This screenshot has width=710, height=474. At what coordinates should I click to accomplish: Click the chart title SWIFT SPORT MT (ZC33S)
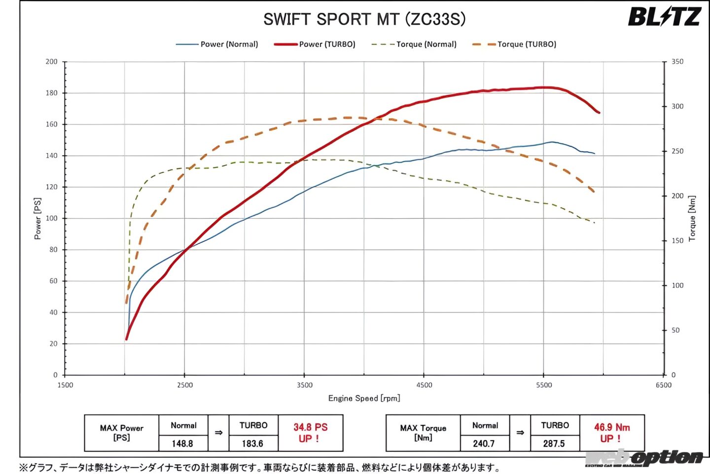364,19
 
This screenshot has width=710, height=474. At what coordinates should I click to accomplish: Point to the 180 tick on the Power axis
52,93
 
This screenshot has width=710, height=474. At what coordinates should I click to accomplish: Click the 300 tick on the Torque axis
677,106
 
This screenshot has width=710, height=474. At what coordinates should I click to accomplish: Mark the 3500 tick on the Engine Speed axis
304,385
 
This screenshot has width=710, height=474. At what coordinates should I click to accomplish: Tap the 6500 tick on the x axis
663,385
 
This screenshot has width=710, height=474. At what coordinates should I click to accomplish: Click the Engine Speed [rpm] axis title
364,398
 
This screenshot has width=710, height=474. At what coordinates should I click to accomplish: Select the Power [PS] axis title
38,218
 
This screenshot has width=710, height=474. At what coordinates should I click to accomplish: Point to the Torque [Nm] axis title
692,218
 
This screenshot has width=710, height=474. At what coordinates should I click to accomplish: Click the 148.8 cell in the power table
182,443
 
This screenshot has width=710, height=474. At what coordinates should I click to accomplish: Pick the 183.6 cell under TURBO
252,443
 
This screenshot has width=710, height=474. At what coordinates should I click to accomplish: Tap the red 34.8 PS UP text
310,433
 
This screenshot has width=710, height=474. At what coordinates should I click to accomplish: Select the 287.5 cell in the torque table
554,443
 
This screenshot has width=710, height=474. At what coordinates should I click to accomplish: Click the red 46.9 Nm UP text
611,433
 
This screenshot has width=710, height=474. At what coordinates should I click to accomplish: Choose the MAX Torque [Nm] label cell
423,433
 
